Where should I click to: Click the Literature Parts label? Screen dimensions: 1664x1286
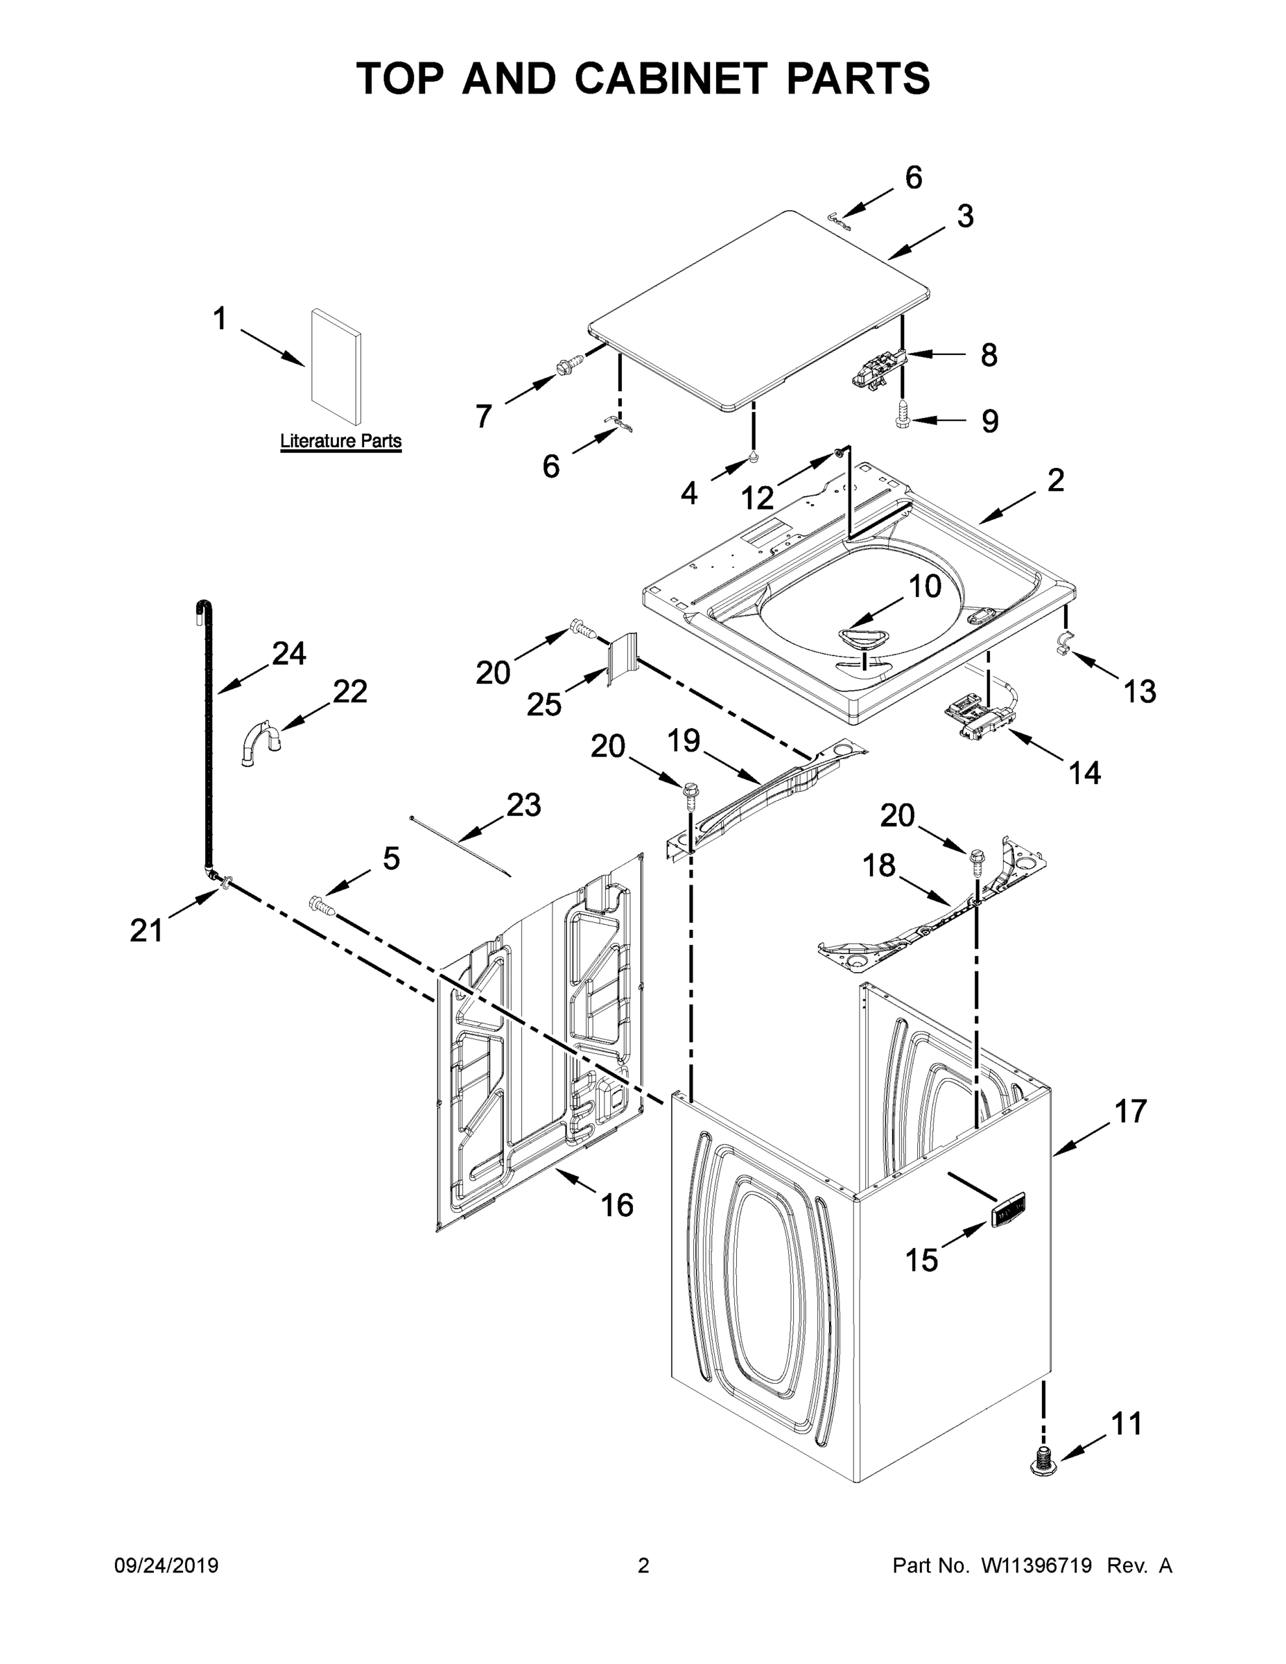tap(340, 440)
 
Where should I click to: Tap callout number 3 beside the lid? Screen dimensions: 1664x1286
tap(965, 216)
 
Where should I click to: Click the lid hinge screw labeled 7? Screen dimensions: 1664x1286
tap(567, 367)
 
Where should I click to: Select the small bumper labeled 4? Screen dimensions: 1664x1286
tap(754, 457)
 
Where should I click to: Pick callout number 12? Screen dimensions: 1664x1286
tap(757, 499)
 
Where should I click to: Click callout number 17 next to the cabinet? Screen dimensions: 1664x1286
tap(1131, 1111)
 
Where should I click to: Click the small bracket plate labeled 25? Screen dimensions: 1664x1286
tap(621, 657)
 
